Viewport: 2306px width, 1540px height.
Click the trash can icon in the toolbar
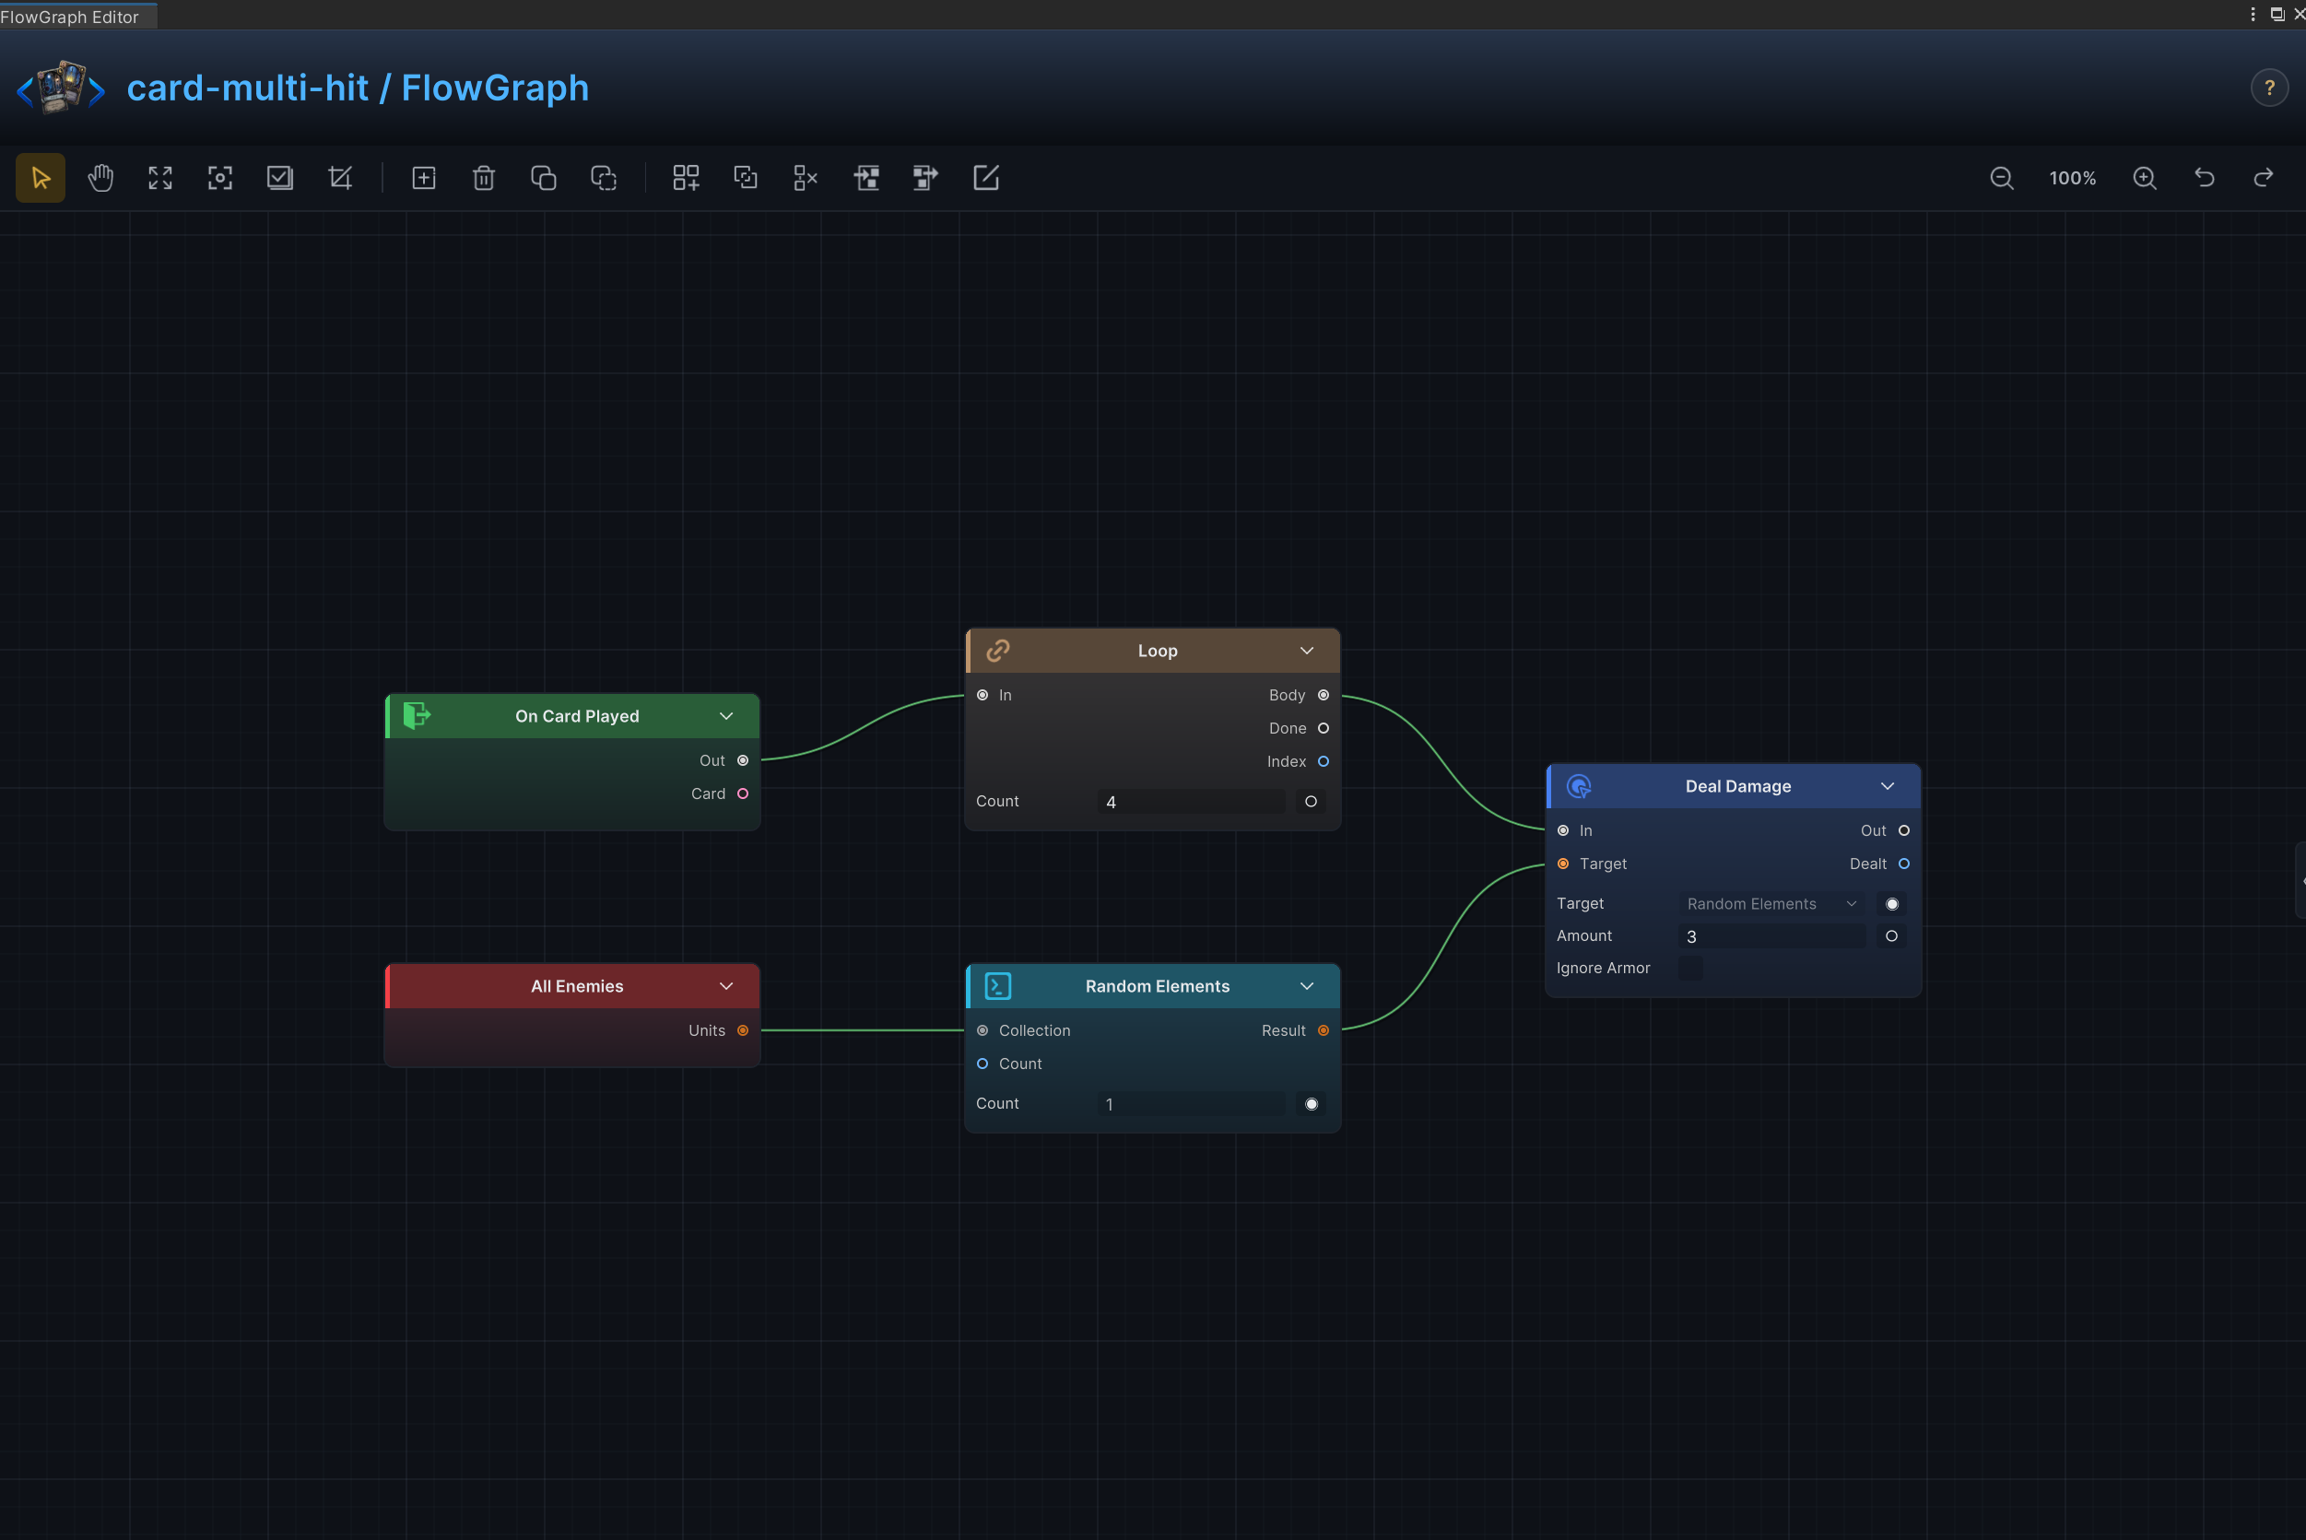tap(483, 178)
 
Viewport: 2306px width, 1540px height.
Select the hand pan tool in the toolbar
tap(100, 178)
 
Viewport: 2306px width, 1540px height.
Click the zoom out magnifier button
tap(2002, 178)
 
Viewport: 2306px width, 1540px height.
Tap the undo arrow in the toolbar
tap(2205, 178)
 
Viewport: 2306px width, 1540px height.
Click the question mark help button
tap(2269, 88)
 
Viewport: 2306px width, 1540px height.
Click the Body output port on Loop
tap(1323, 696)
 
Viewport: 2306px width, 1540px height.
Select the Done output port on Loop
tap(1323, 729)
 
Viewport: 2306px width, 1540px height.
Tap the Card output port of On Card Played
tap(743, 794)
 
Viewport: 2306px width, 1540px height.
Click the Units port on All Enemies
tap(743, 1030)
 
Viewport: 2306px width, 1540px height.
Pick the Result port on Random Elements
tap(1323, 1030)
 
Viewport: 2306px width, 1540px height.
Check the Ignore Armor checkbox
tap(1690, 969)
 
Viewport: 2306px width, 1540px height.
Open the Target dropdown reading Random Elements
tap(1771, 903)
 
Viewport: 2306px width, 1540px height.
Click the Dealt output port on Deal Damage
tap(1903, 864)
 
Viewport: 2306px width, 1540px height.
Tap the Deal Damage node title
tap(1737, 787)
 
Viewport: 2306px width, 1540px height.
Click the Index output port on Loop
tap(1323, 762)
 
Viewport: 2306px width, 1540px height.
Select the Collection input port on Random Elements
tap(982, 1030)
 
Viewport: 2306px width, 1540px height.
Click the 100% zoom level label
tap(2072, 178)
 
